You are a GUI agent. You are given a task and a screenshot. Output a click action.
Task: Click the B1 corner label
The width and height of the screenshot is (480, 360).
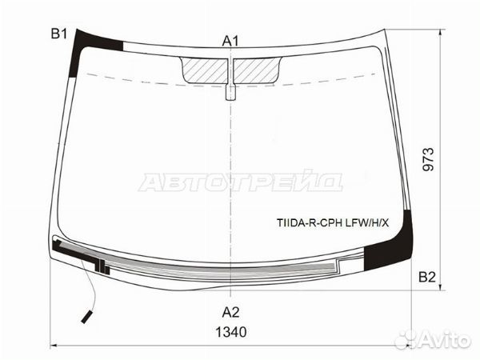(x=58, y=34)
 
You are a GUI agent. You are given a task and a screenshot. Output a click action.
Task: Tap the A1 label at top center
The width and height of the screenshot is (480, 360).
(x=230, y=41)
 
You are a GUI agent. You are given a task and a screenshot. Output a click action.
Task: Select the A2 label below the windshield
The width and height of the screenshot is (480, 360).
(x=230, y=312)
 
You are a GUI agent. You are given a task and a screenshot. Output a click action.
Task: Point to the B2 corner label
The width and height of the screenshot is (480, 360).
(x=427, y=277)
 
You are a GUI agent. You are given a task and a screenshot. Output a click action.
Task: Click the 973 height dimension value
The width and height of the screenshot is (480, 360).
(x=429, y=159)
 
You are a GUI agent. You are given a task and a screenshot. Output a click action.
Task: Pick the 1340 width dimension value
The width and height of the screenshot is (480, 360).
(x=231, y=332)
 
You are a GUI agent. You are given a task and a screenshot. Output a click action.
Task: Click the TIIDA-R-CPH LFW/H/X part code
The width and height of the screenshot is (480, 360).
(x=333, y=223)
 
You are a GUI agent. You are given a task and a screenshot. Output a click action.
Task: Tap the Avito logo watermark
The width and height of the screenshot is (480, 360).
(x=432, y=340)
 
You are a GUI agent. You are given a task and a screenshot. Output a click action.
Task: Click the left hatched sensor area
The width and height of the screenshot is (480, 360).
(x=205, y=70)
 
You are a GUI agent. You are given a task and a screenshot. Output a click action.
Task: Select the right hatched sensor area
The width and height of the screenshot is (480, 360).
(x=257, y=70)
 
